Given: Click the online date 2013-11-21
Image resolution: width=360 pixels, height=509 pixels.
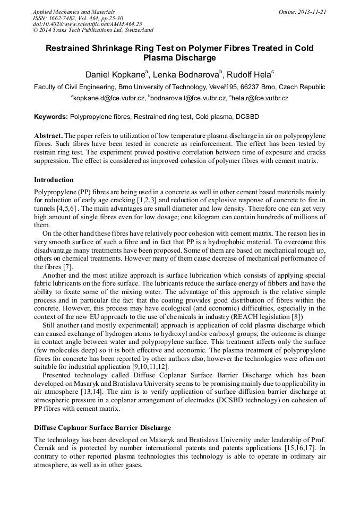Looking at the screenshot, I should tap(312, 12).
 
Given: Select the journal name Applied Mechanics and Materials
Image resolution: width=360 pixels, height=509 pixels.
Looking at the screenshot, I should tap(74, 12).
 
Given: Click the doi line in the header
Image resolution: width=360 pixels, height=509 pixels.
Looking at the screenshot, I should tap(88, 24).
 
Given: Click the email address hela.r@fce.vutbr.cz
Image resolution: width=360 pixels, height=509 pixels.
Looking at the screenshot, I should tap(261, 98).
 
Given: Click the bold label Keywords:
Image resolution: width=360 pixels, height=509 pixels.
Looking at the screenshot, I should tap(50, 116).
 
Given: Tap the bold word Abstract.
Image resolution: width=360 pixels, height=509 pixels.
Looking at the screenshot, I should tap(48, 136).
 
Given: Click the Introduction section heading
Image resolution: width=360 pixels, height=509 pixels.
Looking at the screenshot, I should tap(54, 180).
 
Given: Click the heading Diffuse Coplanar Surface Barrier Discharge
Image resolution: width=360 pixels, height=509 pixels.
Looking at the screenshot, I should tap(102, 427).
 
